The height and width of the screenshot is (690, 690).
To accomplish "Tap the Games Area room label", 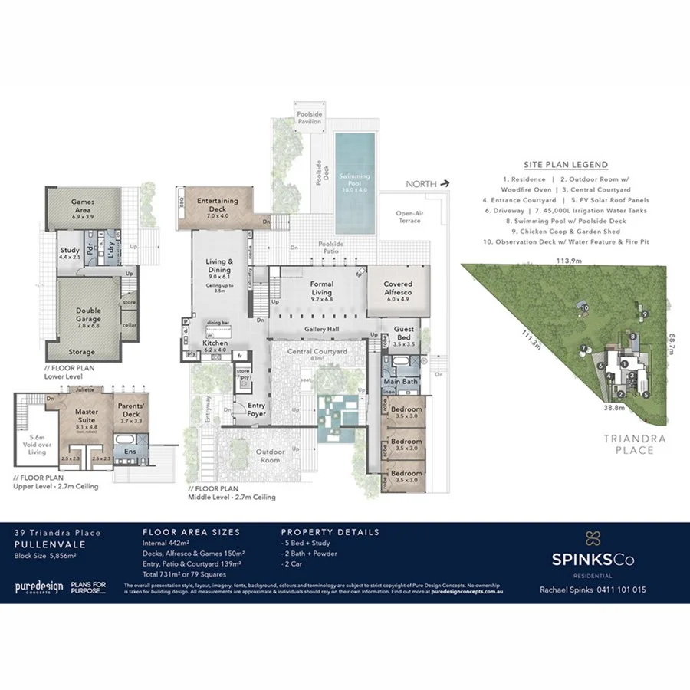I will tap(83, 204).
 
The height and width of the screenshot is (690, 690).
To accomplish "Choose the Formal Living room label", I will tap(321, 287).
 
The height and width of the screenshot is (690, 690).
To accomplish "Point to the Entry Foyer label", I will tap(256, 410).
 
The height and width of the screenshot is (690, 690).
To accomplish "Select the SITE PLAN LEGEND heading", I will tap(566, 164).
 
